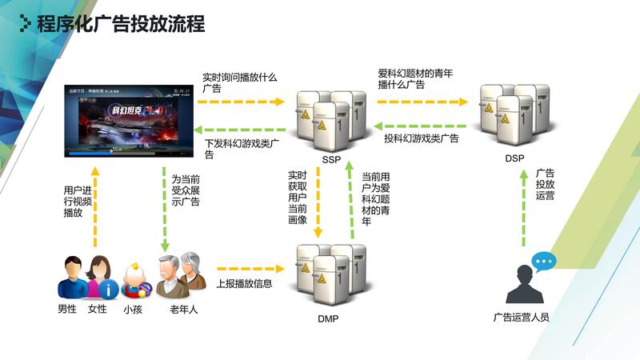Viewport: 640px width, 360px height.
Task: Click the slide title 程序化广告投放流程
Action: [121, 24]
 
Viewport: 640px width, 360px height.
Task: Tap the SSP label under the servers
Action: [331, 160]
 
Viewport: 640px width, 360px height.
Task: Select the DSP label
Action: [514, 158]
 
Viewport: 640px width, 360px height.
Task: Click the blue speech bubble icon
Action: [544, 261]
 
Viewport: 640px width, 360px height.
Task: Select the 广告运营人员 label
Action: [522, 317]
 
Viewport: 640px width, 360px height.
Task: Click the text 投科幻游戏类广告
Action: [422, 138]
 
